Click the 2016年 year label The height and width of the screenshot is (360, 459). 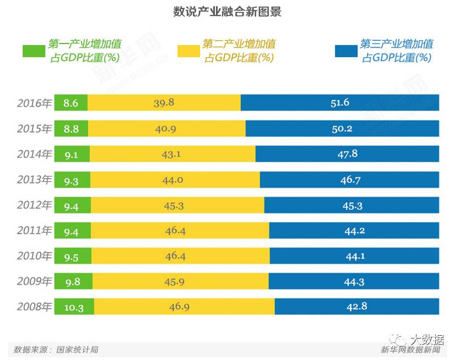34,103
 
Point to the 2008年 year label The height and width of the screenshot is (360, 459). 34,307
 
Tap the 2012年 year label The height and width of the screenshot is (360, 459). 34,205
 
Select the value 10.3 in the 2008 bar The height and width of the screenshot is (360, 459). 73,307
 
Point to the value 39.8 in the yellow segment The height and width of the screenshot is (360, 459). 164,103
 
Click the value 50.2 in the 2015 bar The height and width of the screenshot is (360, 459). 342,128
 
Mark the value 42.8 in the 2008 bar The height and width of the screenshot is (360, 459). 357,307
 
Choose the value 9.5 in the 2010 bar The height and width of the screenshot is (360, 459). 71,256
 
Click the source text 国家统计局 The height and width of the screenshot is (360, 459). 77,350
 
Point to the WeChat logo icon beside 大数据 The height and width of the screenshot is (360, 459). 399,340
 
